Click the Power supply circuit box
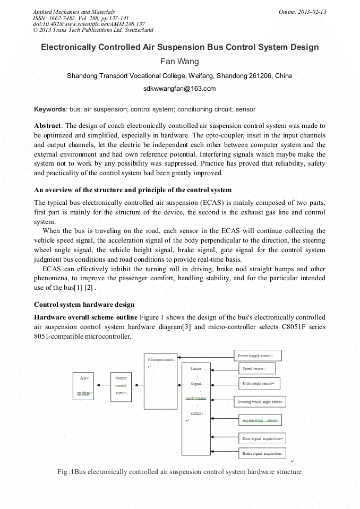coord(258,355)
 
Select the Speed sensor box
coord(256,368)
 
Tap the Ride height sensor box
coord(259,383)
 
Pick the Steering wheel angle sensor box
coord(260,402)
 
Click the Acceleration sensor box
coord(260,420)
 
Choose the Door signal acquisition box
coord(262,439)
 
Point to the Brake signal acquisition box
coord(262,454)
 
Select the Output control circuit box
coord(121,387)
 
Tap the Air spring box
coord(83,386)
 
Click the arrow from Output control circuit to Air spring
coord(102,387)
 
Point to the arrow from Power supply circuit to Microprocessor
coord(207,356)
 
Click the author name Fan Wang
coord(179,61)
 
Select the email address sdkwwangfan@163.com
coord(179,89)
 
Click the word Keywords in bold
coord(50,109)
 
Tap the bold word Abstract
coord(48,126)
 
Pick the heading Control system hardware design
coord(84,305)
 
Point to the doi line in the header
coord(89,24)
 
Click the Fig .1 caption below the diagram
coord(179,472)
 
